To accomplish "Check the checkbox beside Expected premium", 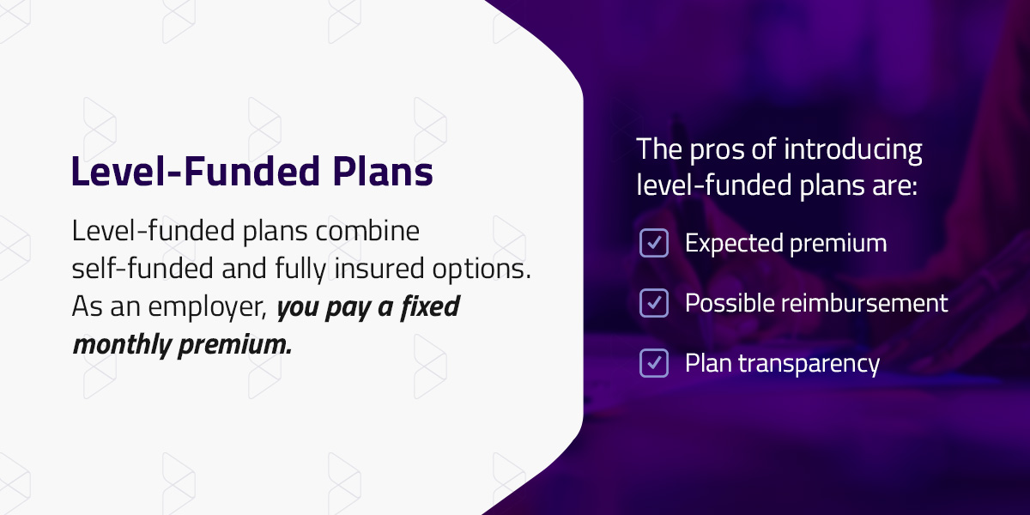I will (654, 243).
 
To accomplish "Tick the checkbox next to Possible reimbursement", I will (654, 303).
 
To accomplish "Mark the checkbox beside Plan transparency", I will (654, 363).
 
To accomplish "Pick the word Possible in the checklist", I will (728, 303).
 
